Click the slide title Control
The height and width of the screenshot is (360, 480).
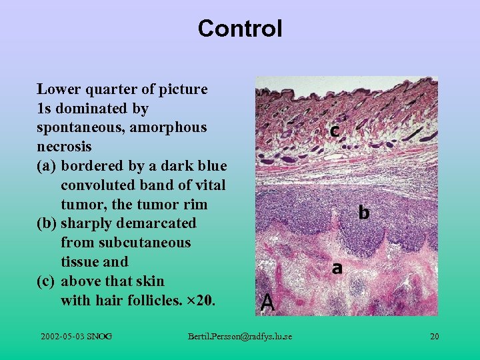tap(240, 29)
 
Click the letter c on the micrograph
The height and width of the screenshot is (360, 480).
tap(335, 131)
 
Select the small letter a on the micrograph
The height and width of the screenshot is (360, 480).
tap(337, 268)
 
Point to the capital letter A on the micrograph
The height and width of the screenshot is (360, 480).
tap(267, 303)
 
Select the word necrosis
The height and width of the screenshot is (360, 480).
tap(64, 146)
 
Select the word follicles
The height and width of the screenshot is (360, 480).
tap(149, 301)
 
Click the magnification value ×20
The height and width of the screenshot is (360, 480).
tap(201, 301)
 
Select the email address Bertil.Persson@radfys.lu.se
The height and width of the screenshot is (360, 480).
tap(240, 337)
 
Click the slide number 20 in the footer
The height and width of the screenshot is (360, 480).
tap(435, 337)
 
